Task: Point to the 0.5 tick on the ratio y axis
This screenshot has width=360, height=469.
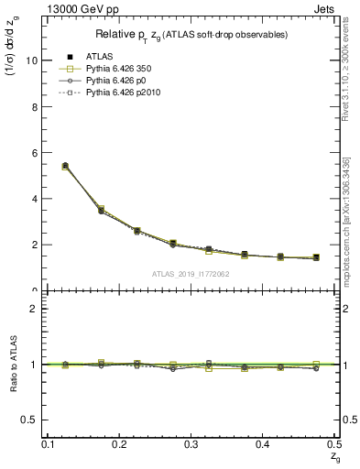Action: tap(35, 420)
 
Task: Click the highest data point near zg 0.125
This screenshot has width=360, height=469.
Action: tap(64, 166)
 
